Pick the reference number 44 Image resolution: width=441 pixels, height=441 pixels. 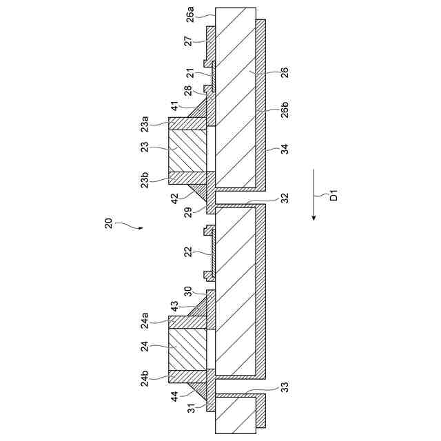(x=176, y=396)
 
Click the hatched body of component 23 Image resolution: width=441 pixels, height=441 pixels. (x=187, y=148)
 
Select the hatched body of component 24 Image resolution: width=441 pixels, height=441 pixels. (x=187, y=351)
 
